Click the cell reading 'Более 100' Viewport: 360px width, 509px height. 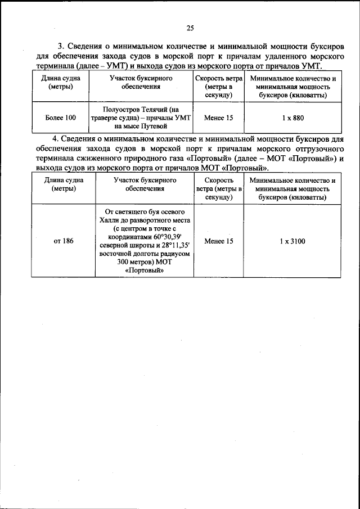[60, 118]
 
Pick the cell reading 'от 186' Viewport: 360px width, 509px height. [64, 241]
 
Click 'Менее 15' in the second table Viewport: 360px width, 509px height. [219, 241]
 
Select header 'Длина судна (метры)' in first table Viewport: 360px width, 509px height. [60, 83]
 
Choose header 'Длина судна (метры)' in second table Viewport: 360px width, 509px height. [64, 184]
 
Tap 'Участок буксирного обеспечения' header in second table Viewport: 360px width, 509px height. [145, 184]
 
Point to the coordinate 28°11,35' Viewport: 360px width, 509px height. [179, 245]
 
